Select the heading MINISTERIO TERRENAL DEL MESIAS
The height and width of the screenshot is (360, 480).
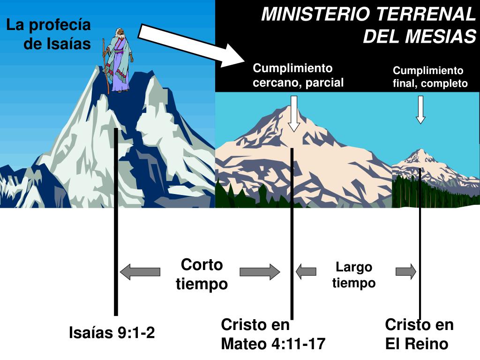click(368, 25)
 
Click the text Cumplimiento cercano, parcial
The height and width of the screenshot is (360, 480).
click(298, 75)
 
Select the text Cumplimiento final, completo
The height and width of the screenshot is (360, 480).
click(430, 77)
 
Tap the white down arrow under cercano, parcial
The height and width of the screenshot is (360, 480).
click(294, 113)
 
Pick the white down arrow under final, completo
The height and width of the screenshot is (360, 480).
click(420, 109)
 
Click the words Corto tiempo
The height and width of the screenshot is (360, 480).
click(202, 274)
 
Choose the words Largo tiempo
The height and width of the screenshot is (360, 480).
click(354, 275)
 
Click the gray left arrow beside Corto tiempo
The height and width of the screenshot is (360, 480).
click(140, 271)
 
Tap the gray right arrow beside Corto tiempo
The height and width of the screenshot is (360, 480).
click(260, 271)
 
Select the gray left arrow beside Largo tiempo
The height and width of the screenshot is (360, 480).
click(306, 271)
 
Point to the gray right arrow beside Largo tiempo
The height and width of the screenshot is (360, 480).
click(406, 271)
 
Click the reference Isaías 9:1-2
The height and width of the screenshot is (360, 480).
click(112, 333)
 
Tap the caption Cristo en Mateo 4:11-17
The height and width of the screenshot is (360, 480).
click(273, 334)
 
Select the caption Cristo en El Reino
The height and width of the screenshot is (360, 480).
click(419, 334)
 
